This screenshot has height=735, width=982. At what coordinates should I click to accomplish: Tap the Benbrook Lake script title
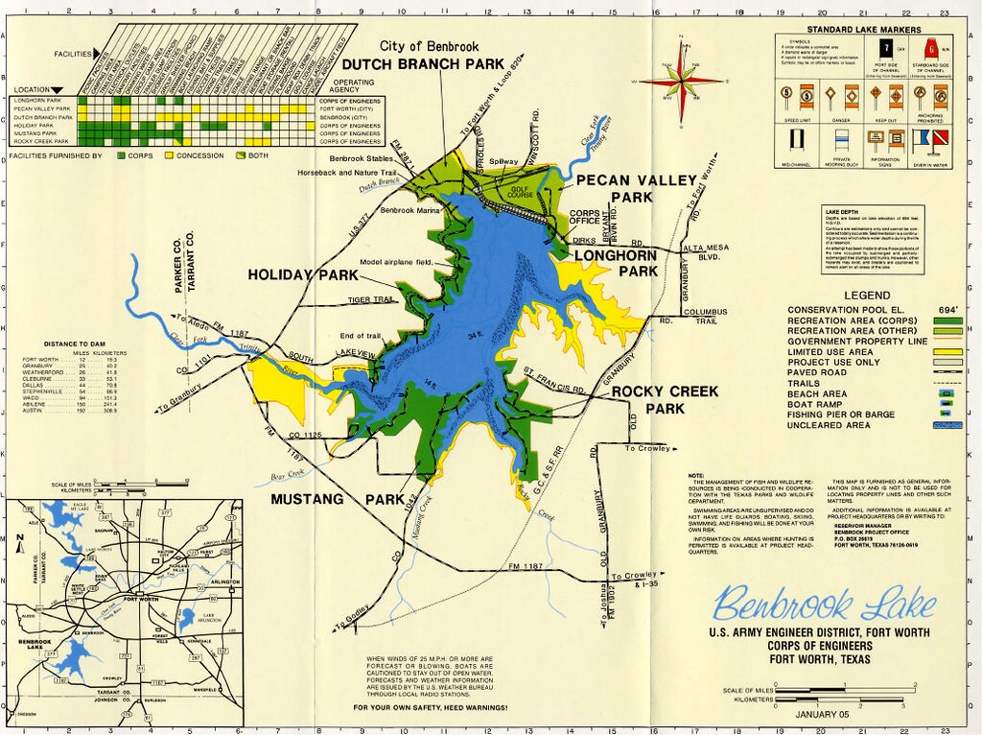coord(824,605)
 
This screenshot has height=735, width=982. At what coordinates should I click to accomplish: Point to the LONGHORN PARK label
coord(616,263)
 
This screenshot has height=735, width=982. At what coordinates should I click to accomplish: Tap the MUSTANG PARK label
coord(333,499)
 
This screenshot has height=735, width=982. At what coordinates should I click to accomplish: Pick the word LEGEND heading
coord(868,296)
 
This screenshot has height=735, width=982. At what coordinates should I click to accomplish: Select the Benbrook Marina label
coord(409,209)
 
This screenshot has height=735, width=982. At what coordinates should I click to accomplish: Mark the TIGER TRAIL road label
coord(371,299)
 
